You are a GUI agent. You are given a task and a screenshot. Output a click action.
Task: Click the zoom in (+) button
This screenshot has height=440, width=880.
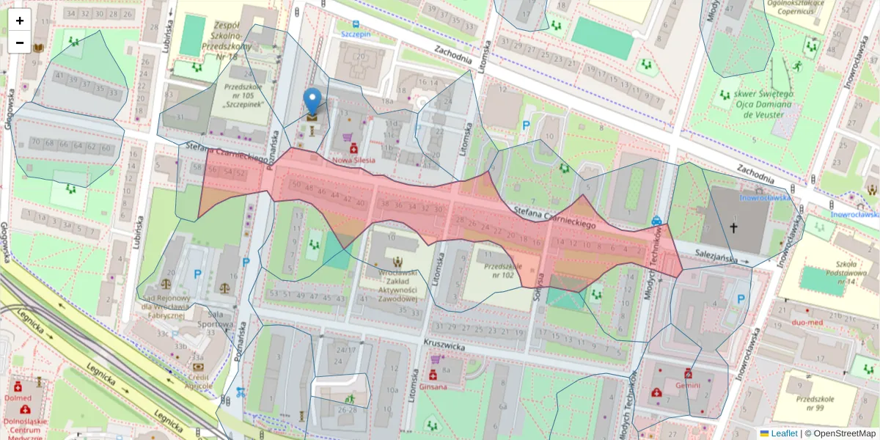coord(20,21)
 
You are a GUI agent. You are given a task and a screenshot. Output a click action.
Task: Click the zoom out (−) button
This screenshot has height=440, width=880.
coord(20,43)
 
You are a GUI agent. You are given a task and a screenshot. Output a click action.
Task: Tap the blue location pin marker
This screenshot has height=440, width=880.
coord(313,103)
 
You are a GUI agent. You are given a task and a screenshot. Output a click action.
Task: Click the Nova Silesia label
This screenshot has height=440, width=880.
coord(353,159)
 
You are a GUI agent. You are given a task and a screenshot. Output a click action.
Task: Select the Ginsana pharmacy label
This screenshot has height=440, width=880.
coord(433,386)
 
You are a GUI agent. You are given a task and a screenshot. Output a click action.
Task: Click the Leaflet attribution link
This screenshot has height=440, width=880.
coord(784,433)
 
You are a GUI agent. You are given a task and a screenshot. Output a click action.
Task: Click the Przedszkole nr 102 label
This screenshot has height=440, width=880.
coord(499,271)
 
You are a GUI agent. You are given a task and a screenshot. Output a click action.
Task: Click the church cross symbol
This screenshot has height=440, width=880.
coord(734,228)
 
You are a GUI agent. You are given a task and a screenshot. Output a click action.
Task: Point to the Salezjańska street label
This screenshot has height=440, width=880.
coord(716,257)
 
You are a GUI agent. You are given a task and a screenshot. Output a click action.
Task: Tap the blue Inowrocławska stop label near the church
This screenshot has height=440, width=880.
coord(764,197)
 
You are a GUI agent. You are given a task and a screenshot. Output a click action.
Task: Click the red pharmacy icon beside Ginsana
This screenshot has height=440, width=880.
coord(433,375)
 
